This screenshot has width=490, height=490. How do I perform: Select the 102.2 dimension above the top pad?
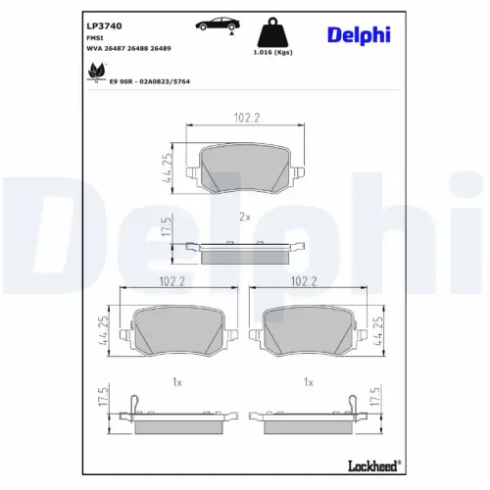click(241, 120)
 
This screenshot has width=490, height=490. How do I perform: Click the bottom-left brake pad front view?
click(174, 330)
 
